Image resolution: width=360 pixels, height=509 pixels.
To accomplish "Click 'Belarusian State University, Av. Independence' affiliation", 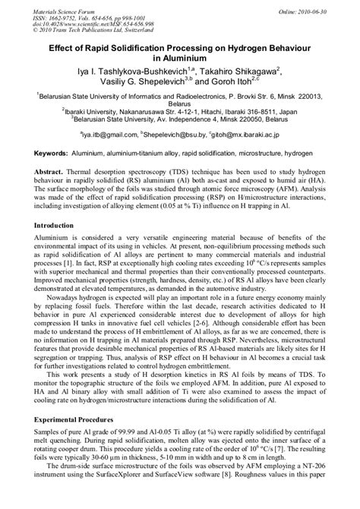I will coord(129,119).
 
